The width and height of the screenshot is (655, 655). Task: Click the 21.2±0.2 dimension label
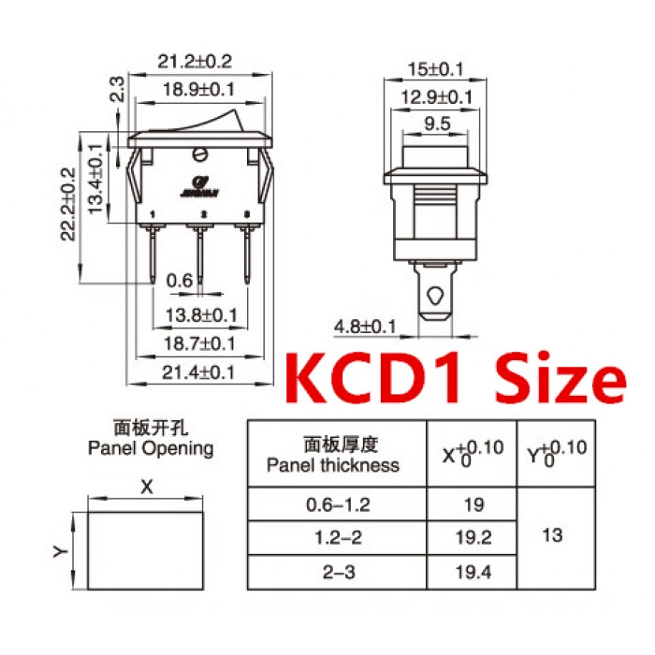(x=194, y=63)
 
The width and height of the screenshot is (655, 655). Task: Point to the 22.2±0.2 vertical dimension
(x=66, y=205)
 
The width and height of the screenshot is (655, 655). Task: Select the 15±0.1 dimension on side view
(x=436, y=69)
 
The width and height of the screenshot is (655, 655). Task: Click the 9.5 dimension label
(x=436, y=123)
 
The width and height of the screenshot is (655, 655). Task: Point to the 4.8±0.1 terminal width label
(x=366, y=327)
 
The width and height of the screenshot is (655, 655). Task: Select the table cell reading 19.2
(x=473, y=538)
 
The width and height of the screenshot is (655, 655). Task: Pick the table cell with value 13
(x=553, y=536)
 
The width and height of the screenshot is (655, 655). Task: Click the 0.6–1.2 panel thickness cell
(x=338, y=504)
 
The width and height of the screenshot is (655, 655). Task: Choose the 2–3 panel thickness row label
(x=338, y=571)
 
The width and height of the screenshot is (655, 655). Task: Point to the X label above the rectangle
(x=145, y=488)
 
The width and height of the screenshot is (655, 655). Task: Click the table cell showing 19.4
(x=473, y=571)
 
